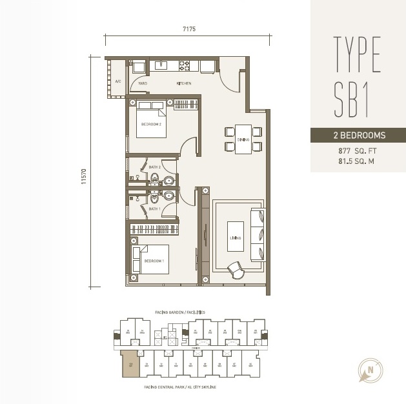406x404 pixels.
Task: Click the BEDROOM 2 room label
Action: pyautogui.click(x=150, y=124)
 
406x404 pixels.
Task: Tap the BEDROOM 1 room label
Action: pyautogui.click(x=154, y=260)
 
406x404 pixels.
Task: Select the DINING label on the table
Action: pyautogui.click(x=243, y=139)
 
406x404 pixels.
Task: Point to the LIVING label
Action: pyautogui.click(x=235, y=238)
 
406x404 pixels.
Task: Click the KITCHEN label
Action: pyautogui.click(x=185, y=84)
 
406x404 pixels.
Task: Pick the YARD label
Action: pyautogui.click(x=143, y=84)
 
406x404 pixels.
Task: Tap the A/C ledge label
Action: pyautogui.click(x=118, y=82)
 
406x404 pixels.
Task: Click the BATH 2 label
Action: pyautogui.click(x=154, y=167)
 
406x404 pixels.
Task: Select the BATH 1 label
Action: pyautogui.click(x=154, y=208)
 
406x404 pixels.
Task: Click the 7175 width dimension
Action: pyautogui.click(x=188, y=29)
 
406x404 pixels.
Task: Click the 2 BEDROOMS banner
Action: pyautogui.click(x=358, y=136)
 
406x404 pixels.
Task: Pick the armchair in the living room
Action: pyautogui.click(x=236, y=268)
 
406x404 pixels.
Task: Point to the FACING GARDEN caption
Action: pyautogui.click(x=180, y=312)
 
